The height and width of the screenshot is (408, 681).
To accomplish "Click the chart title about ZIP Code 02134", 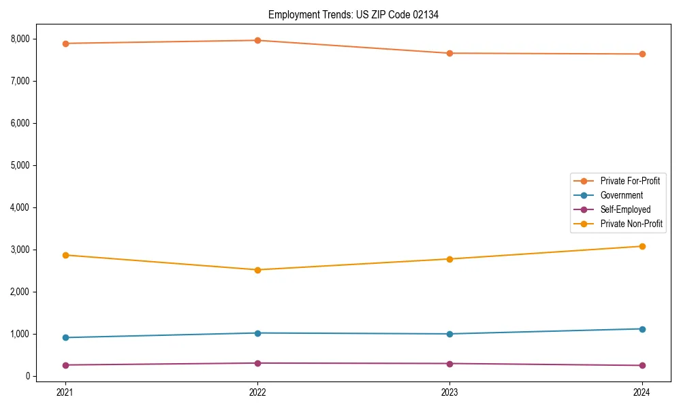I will click(353, 14).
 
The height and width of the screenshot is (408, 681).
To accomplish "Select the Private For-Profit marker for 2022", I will click(257, 40).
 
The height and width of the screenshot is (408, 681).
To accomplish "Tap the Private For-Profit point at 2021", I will click(65, 44).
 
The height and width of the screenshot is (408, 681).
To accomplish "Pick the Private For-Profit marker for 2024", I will click(642, 54).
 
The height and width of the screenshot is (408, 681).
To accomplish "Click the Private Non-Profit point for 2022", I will click(257, 270).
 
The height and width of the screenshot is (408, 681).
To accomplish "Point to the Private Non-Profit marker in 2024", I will click(642, 246).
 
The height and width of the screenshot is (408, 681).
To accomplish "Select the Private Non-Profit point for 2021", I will click(65, 255).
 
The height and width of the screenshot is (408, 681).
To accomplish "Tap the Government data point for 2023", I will click(449, 334).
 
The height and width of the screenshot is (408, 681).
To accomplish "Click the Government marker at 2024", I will click(642, 329).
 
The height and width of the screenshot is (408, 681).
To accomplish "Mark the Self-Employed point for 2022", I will click(257, 363).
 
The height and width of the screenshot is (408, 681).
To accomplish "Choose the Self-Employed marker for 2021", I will click(65, 365).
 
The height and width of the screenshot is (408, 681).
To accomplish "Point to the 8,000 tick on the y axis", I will click(20, 39).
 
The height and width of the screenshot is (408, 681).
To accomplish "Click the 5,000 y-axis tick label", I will click(20, 165).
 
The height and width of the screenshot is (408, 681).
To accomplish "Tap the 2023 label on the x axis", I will click(449, 392).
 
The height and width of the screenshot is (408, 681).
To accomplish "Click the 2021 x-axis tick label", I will click(65, 392).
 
